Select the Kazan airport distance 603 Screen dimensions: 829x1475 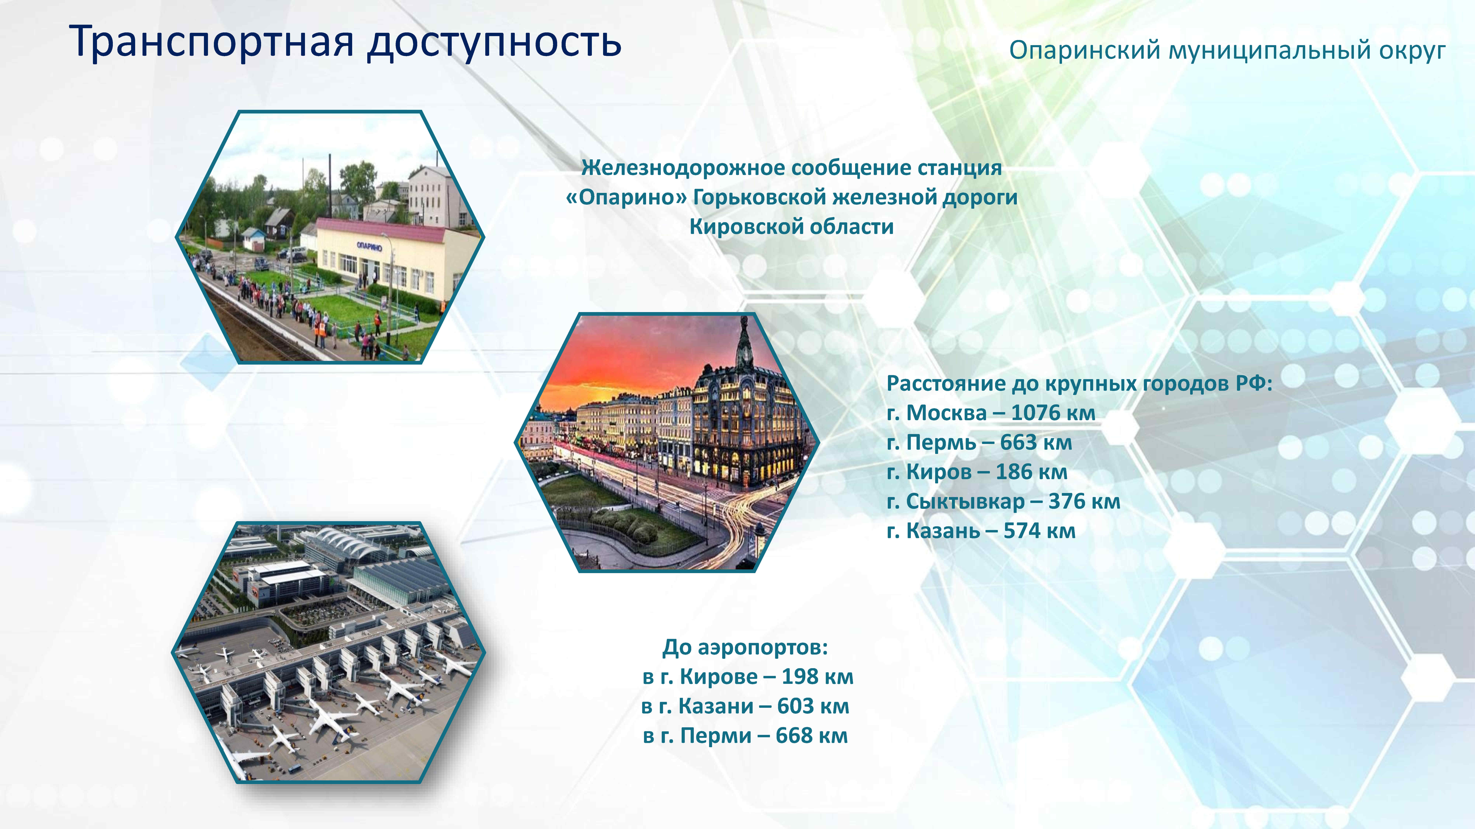796,706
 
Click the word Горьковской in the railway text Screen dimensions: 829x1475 759,197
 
